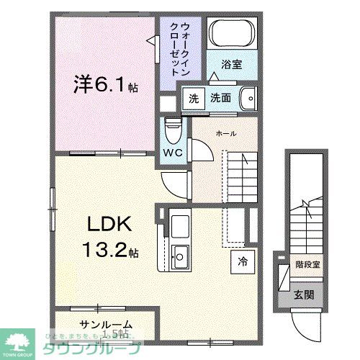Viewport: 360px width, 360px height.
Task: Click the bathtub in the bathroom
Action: (232, 34)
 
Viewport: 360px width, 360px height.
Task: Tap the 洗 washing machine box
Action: (192, 99)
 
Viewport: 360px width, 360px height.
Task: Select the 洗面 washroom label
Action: (221, 99)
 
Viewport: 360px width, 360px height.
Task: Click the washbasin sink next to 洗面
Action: (248, 97)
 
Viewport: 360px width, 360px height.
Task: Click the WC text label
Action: (173, 153)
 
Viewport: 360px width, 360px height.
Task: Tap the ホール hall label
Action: (228, 133)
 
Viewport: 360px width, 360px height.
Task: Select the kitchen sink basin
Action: (181, 254)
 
